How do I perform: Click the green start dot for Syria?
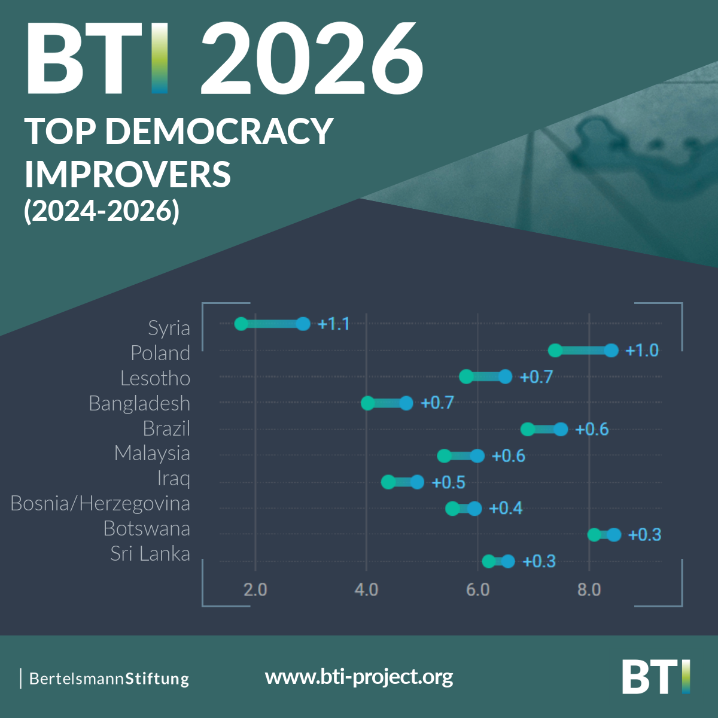pos(241,324)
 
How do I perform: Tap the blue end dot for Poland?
pos(611,350)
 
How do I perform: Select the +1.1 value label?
pos(333,324)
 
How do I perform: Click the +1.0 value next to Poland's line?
pos(642,351)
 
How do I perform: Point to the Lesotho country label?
pos(156,378)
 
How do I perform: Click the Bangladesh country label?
pos(139,403)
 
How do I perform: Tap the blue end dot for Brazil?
pos(561,429)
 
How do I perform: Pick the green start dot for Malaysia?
pos(444,456)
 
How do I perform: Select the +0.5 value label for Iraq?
pos(449,482)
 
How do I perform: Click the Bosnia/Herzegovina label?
pos(101,504)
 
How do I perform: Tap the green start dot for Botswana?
pos(594,534)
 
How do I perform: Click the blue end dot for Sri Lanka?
pos(508,561)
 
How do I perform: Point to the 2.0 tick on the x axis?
pos(255,590)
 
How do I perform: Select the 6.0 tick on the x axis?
pos(477,590)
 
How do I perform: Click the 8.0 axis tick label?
pos(589,590)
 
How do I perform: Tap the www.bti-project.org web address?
pos(359,677)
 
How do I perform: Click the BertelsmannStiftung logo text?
pos(109,679)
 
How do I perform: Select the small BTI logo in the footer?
pos(656,677)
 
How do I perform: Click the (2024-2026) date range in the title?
pos(102,211)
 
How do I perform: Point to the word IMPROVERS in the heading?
pos(127,174)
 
